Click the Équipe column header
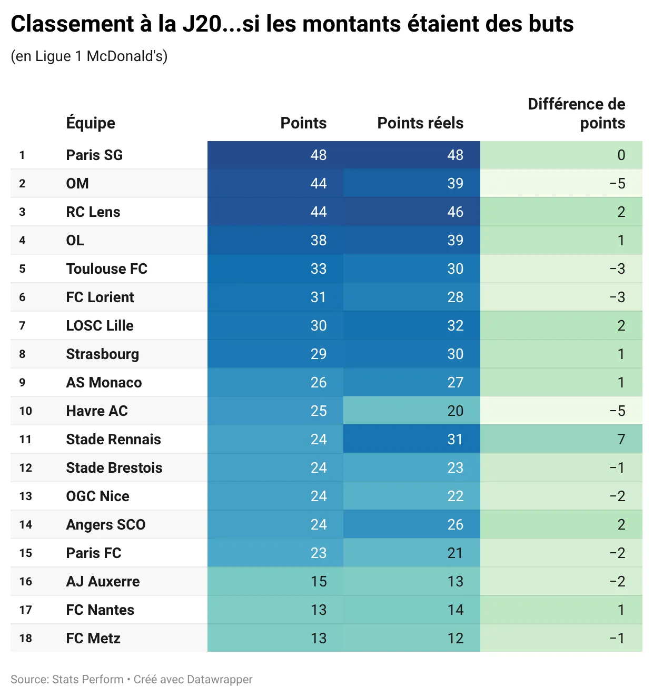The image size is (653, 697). (x=91, y=123)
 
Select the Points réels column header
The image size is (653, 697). (x=420, y=123)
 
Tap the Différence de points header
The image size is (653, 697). (x=576, y=114)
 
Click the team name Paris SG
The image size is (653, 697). (x=94, y=155)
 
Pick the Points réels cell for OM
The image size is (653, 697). (x=455, y=184)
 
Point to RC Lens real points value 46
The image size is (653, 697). (x=455, y=212)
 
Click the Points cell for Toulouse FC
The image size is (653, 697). (x=318, y=269)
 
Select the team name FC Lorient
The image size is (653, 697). (x=100, y=297)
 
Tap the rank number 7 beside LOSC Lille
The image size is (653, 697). (x=22, y=326)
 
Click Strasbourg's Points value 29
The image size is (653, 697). (x=318, y=354)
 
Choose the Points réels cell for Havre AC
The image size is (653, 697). (x=455, y=411)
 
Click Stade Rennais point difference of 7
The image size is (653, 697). (x=621, y=440)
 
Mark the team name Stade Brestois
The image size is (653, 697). (x=114, y=468)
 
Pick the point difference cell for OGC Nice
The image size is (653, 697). (x=617, y=496)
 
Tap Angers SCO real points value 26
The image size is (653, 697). (x=455, y=525)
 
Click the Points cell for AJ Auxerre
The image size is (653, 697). (x=318, y=582)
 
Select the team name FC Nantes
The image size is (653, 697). (x=100, y=610)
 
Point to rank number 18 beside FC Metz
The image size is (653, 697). (x=25, y=639)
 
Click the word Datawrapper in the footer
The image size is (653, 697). (x=219, y=680)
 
